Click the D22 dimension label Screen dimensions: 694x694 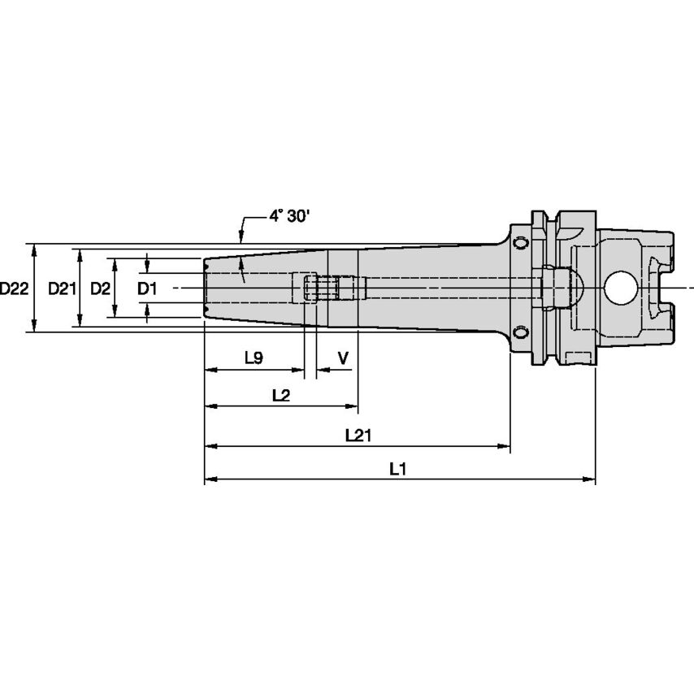[x=15, y=288]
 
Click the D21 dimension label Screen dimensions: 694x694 [x=62, y=288]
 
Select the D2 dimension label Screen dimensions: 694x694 [x=100, y=288]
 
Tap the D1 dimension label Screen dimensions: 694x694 [x=146, y=288]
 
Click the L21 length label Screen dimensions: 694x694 [x=358, y=435]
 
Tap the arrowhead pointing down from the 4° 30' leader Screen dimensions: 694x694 [x=241, y=238]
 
